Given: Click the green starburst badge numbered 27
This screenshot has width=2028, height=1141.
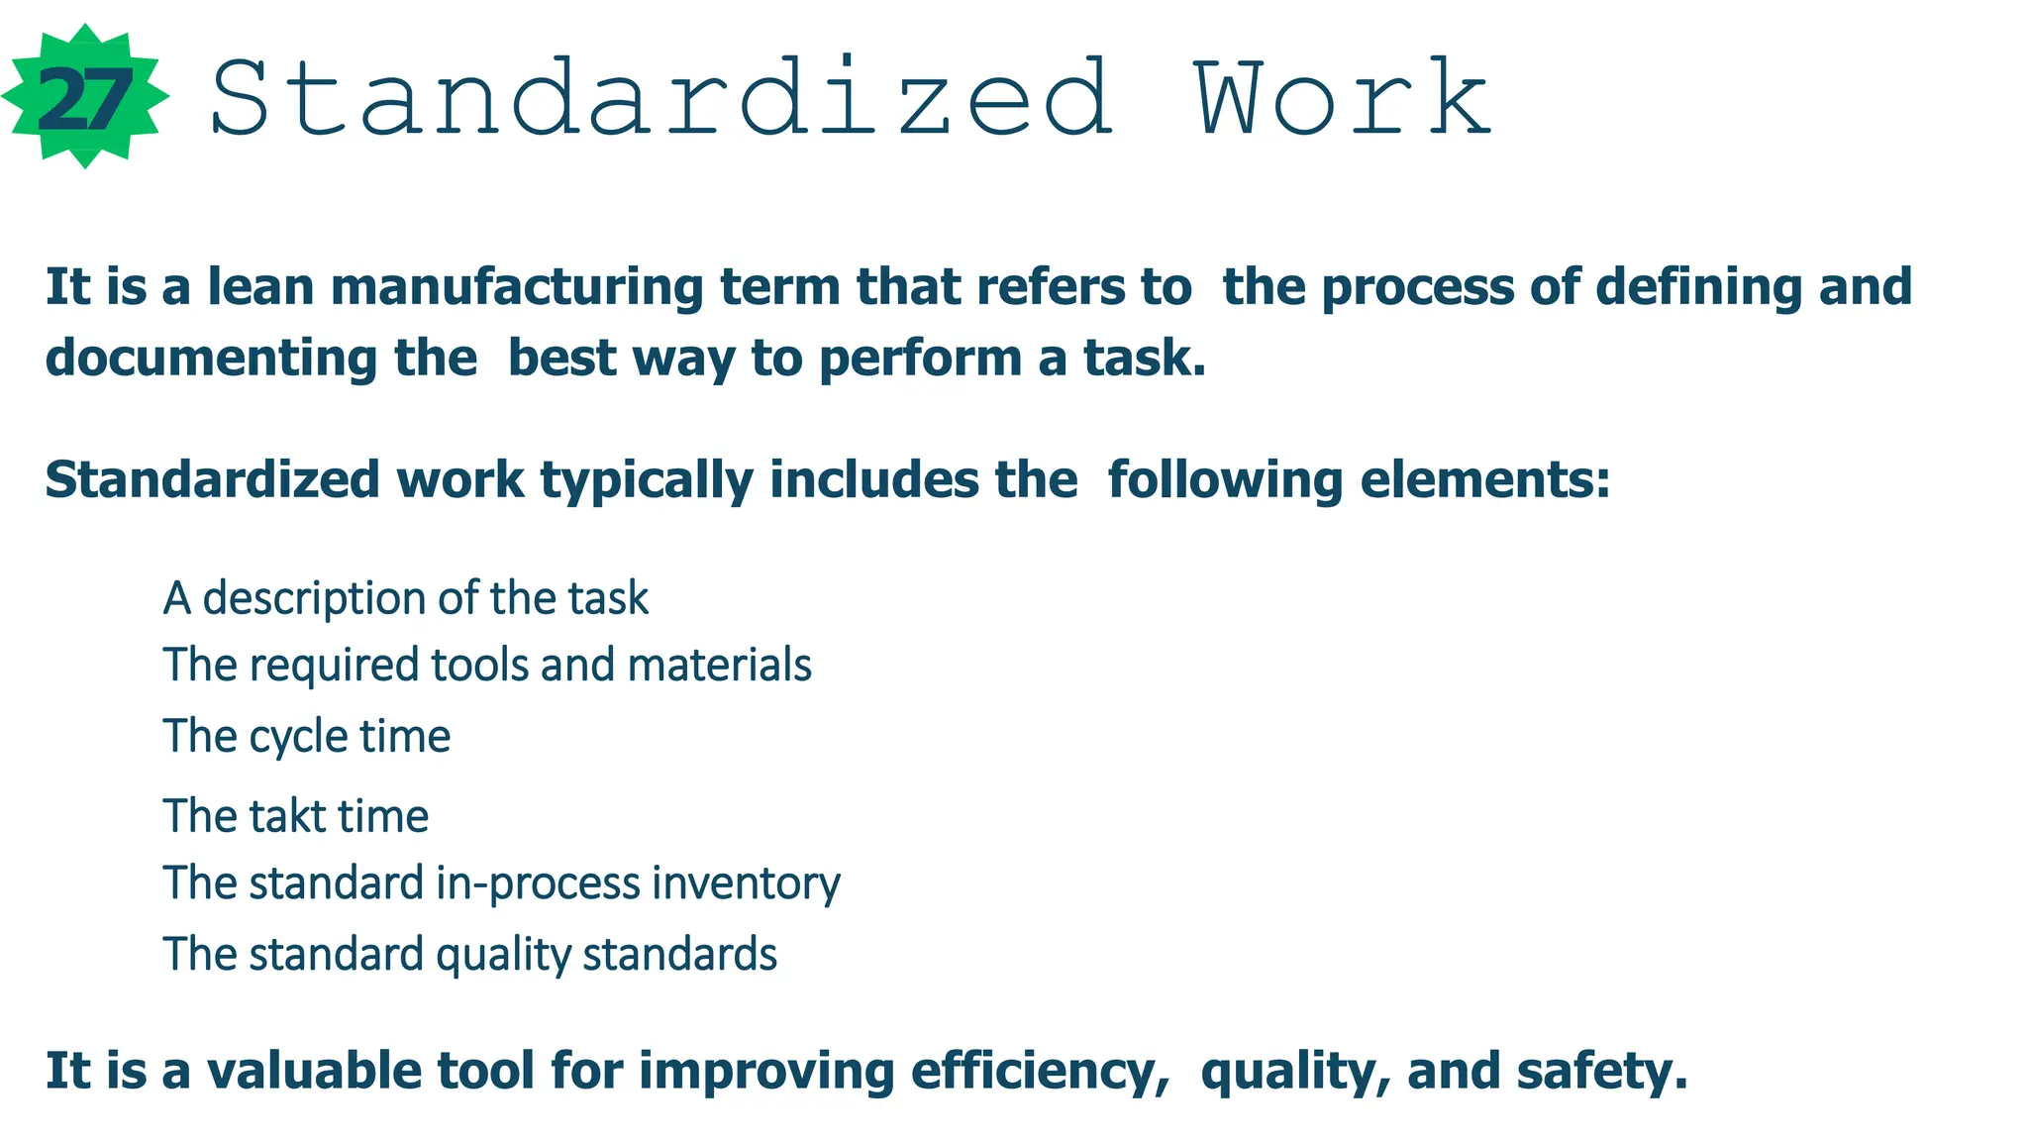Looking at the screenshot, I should (85, 97).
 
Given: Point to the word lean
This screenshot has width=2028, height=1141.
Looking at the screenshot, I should (259, 287).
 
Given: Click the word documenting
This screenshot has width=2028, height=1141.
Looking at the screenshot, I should (211, 359).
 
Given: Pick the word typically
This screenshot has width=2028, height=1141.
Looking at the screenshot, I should (647, 480).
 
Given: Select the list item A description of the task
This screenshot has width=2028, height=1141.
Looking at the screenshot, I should (406, 599).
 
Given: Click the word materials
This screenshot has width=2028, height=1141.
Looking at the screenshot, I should (720, 666).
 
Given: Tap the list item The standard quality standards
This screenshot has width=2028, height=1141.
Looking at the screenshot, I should (470, 955).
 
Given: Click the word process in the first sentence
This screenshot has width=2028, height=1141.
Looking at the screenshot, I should (1417, 287).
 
